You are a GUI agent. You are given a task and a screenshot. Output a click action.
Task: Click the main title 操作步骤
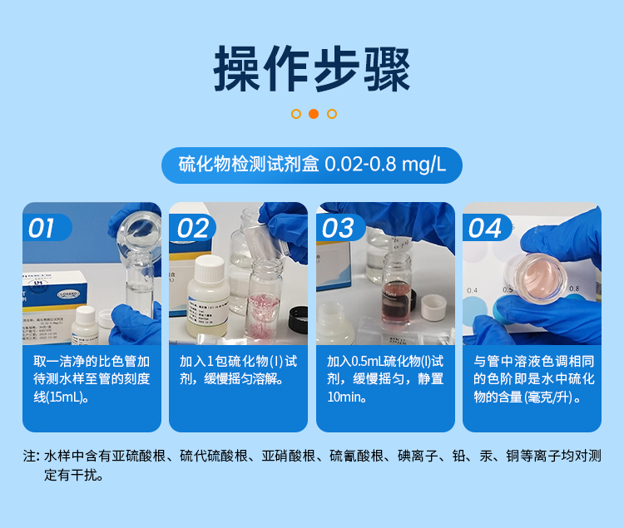[312, 70]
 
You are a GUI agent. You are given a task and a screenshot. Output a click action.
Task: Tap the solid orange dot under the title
[313, 114]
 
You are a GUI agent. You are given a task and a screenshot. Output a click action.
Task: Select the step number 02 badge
[191, 228]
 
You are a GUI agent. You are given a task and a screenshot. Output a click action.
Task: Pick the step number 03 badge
[339, 228]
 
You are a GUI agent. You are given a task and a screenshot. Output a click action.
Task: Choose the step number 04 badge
[485, 228]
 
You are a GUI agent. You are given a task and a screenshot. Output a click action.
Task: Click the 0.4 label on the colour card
[473, 290]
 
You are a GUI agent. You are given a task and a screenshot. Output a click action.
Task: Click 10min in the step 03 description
[343, 397]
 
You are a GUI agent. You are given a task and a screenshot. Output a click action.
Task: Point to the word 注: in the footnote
[31, 456]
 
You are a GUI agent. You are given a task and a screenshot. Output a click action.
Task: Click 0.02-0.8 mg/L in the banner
[385, 165]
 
